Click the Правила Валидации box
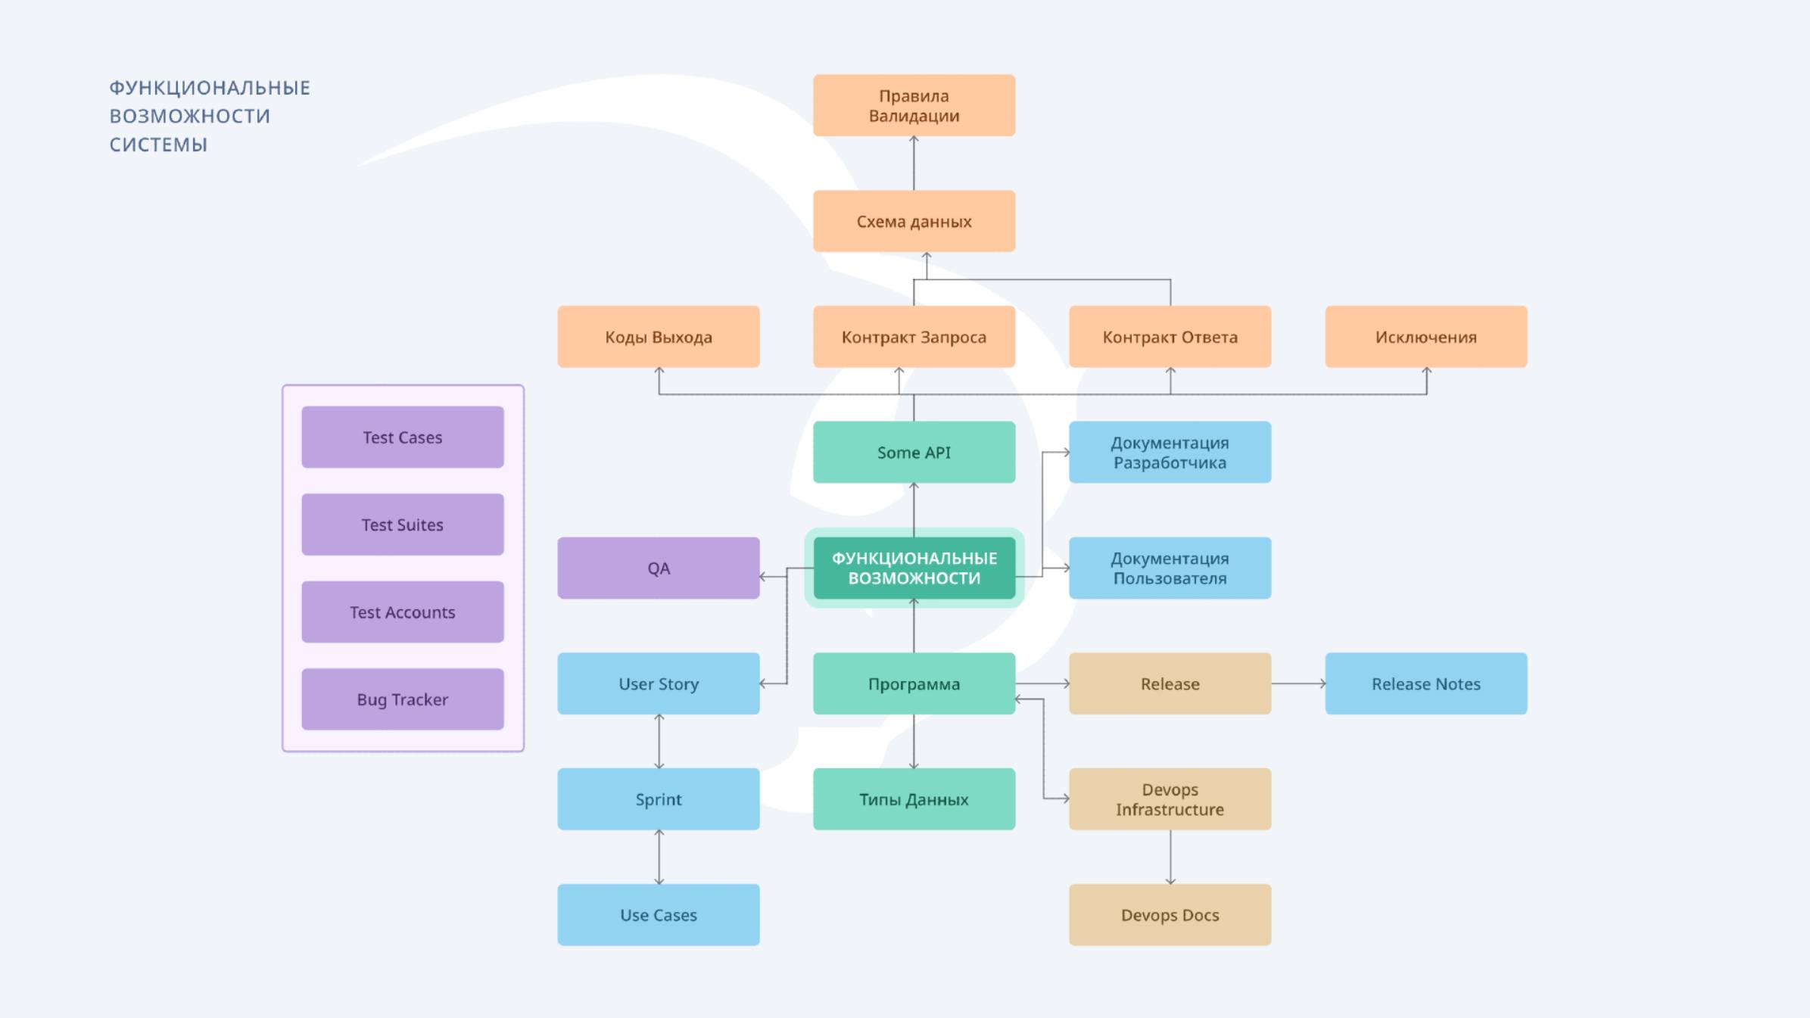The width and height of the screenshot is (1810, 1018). pos(914,106)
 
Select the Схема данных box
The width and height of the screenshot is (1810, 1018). pos(914,221)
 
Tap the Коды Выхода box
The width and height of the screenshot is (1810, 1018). pos(659,337)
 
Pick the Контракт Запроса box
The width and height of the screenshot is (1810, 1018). pos(914,337)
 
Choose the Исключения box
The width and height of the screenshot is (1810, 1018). pos(1425,337)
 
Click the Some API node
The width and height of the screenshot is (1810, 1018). pos(914,453)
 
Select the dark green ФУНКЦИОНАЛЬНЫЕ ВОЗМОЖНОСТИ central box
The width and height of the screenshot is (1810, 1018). pos(914,568)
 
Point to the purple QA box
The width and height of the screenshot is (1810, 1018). pos(659,568)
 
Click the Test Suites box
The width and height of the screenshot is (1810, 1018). pos(403,525)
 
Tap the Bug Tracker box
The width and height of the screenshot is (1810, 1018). pos(403,699)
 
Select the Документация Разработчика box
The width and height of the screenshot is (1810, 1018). pos(1170,453)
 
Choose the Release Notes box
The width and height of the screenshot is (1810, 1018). pos(1425,683)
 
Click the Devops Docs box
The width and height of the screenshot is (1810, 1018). pos(1170,914)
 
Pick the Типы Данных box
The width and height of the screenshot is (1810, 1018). pos(914,799)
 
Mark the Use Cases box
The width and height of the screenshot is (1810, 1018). pos(659,914)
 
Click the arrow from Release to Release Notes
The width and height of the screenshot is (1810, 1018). pos(1298,683)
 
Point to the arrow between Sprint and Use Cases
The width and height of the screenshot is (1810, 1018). pos(659,857)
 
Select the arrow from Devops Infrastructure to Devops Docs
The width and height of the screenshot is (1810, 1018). pos(1170,857)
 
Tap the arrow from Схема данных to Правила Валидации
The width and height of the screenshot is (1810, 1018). pos(914,163)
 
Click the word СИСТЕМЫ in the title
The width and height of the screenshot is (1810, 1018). pos(158,145)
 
